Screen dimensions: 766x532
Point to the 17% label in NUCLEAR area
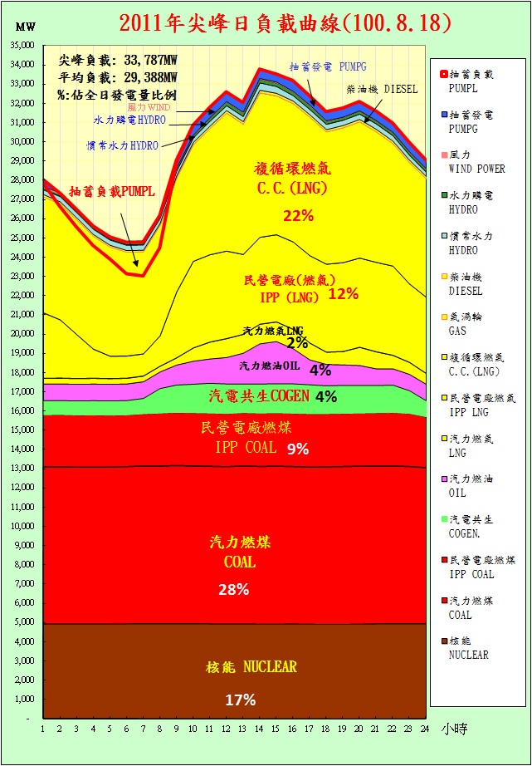coord(234,700)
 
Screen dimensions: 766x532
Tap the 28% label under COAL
coord(233,590)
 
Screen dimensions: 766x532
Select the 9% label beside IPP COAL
coord(297,449)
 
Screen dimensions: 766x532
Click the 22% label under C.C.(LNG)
coord(297,216)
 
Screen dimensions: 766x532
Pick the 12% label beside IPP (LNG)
coord(343,293)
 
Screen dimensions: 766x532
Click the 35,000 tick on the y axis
coord(22,45)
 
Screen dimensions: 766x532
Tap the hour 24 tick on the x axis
coord(426,729)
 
